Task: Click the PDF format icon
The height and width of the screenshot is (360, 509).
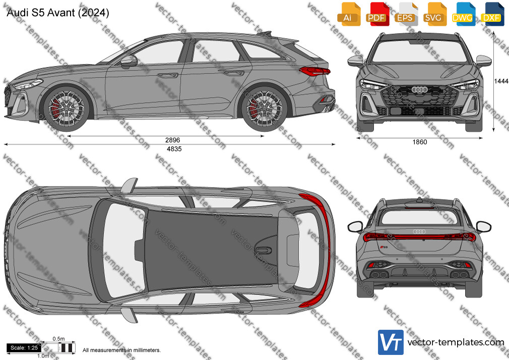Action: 377,14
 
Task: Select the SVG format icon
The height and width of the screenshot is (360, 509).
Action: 433,14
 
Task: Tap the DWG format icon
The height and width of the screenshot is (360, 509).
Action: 462,14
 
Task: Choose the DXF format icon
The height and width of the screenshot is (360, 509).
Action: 491,14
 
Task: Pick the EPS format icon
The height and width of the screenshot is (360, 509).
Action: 405,14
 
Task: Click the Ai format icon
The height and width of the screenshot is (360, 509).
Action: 348,14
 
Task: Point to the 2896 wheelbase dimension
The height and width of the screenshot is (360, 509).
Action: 172,140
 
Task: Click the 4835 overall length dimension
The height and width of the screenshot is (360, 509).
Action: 174,149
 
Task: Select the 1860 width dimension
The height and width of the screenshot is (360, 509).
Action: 420,142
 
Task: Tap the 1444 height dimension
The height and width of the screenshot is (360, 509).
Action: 501,81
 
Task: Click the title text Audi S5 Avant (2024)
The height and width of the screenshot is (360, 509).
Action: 58,13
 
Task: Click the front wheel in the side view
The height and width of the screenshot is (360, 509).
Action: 66,108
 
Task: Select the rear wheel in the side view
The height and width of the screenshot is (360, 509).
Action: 264,108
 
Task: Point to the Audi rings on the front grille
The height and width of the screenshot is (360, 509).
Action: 420,89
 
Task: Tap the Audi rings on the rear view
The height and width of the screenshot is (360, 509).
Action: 419,231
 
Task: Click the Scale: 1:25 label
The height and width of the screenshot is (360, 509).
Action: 24,348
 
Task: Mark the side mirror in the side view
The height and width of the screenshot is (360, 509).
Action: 129,62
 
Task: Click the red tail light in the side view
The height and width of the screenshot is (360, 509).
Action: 314,71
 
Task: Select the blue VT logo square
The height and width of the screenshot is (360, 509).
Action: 391,342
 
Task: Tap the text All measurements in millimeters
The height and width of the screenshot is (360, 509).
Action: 121,350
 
